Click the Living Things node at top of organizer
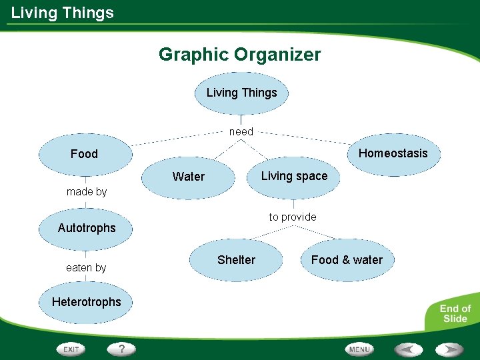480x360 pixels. tap(241, 93)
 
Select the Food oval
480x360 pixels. tap(85, 154)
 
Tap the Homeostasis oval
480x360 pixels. tap(393, 153)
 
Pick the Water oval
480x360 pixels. tap(189, 177)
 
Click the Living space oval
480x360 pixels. tap(294, 176)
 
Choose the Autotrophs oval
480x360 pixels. tap(87, 228)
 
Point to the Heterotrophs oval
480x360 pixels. tap(87, 302)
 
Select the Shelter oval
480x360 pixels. tap(236, 260)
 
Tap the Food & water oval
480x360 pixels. tap(347, 260)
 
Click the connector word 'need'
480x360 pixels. tap(241, 132)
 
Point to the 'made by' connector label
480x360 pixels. tap(87, 192)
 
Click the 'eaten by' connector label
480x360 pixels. tap(86, 268)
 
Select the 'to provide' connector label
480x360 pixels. tap(293, 217)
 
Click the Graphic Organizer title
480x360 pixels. tap(239, 55)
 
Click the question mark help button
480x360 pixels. tap(122, 349)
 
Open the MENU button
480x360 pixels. tap(359, 349)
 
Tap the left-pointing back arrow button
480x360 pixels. tap(407, 349)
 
